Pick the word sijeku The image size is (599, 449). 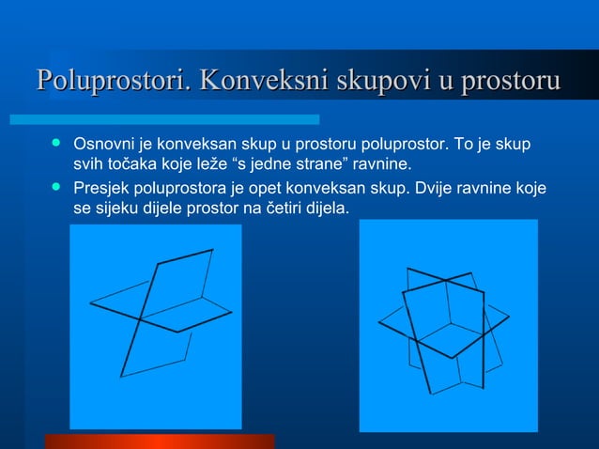point(117,207)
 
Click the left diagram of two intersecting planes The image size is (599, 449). point(155,325)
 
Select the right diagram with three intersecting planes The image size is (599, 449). point(448,325)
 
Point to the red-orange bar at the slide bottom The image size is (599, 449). point(159,441)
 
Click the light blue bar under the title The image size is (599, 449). point(164,119)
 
